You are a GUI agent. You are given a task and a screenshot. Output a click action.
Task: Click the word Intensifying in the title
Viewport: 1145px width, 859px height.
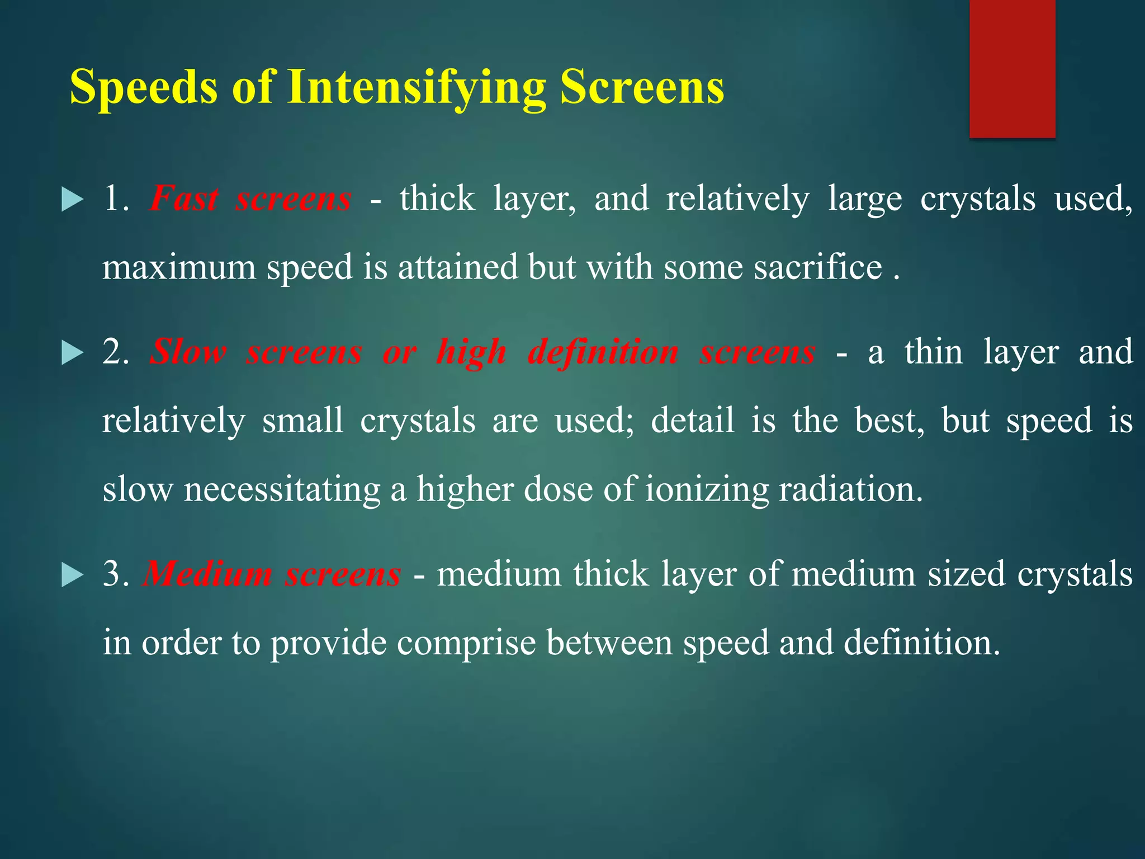(x=417, y=88)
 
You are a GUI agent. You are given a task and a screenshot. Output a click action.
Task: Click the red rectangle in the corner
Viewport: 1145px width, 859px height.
(x=1012, y=68)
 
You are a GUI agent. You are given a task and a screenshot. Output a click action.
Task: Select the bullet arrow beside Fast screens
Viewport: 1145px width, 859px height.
(x=72, y=200)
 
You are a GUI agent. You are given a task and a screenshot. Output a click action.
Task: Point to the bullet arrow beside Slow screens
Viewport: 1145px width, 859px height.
(x=72, y=353)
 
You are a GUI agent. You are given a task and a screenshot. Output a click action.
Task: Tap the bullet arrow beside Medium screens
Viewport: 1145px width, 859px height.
(x=72, y=575)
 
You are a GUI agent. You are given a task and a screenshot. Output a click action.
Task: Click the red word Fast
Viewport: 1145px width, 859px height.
(x=184, y=199)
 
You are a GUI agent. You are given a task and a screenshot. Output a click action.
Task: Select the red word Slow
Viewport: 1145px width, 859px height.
(x=188, y=352)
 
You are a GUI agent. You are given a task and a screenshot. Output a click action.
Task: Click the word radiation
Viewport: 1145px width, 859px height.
(x=850, y=489)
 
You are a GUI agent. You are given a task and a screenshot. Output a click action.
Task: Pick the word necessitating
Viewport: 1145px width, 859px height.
(x=282, y=489)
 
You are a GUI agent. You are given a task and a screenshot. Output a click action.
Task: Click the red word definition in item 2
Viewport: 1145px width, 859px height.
(x=603, y=352)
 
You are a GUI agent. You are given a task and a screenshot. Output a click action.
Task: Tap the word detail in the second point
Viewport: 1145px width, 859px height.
(x=692, y=421)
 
